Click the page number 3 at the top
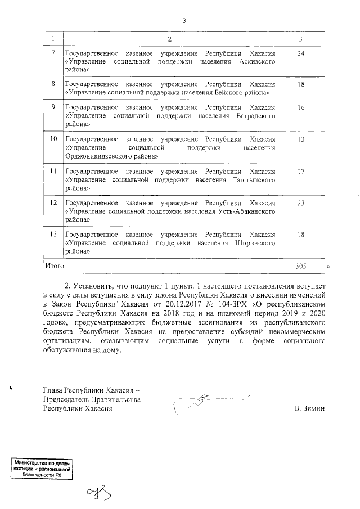click(184, 21)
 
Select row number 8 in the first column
click(53, 83)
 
